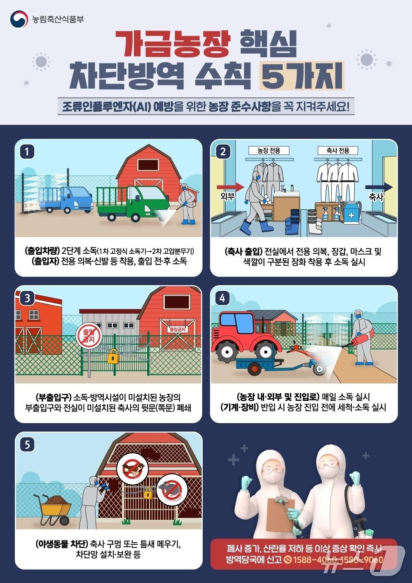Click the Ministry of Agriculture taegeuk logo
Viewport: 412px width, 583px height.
tap(19, 19)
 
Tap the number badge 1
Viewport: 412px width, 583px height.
tap(27, 152)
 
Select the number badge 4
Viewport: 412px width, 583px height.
tap(222, 298)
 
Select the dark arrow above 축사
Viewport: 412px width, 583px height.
tap(379, 187)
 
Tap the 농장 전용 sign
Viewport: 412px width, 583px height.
tap(269, 151)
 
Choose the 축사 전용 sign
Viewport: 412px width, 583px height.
tap(337, 151)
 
